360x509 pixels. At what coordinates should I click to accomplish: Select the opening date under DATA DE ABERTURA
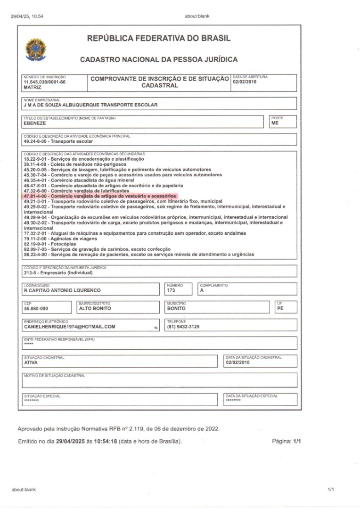[245, 82]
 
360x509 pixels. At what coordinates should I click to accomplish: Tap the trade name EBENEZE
[34, 123]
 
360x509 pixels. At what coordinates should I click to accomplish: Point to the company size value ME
[275, 123]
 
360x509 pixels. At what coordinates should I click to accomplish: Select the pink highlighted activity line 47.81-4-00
[100, 196]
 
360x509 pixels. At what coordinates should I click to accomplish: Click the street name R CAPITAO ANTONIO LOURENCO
[62, 290]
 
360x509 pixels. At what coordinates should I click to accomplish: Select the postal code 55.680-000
[36, 309]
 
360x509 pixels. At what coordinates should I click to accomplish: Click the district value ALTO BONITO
[95, 309]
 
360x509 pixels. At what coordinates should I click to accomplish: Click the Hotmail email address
[70, 327]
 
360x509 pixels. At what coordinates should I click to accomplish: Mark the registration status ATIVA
[31, 363]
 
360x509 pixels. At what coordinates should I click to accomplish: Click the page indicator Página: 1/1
[286, 442]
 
